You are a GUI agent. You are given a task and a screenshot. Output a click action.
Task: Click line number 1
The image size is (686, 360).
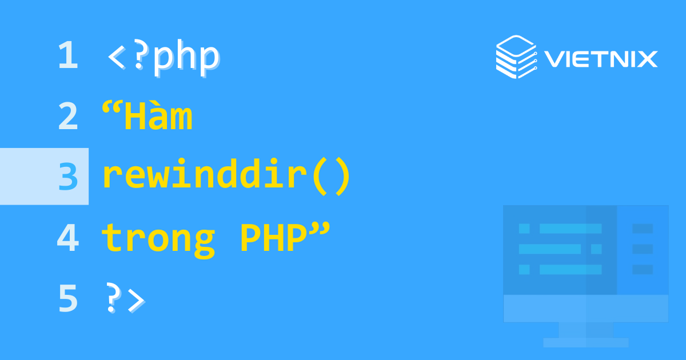(67, 56)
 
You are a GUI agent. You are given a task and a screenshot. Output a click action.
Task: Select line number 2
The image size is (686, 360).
(67, 117)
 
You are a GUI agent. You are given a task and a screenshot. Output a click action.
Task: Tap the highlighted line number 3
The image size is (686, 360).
(67, 177)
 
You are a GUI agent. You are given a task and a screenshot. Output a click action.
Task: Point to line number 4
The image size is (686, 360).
(67, 238)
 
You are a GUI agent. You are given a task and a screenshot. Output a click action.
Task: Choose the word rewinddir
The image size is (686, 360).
(203, 177)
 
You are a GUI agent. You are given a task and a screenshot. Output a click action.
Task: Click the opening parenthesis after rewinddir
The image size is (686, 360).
(321, 177)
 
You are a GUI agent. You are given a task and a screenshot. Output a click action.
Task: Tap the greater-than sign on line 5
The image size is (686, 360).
(136, 300)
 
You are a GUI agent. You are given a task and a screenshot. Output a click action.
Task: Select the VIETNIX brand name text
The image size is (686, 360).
(600, 59)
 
